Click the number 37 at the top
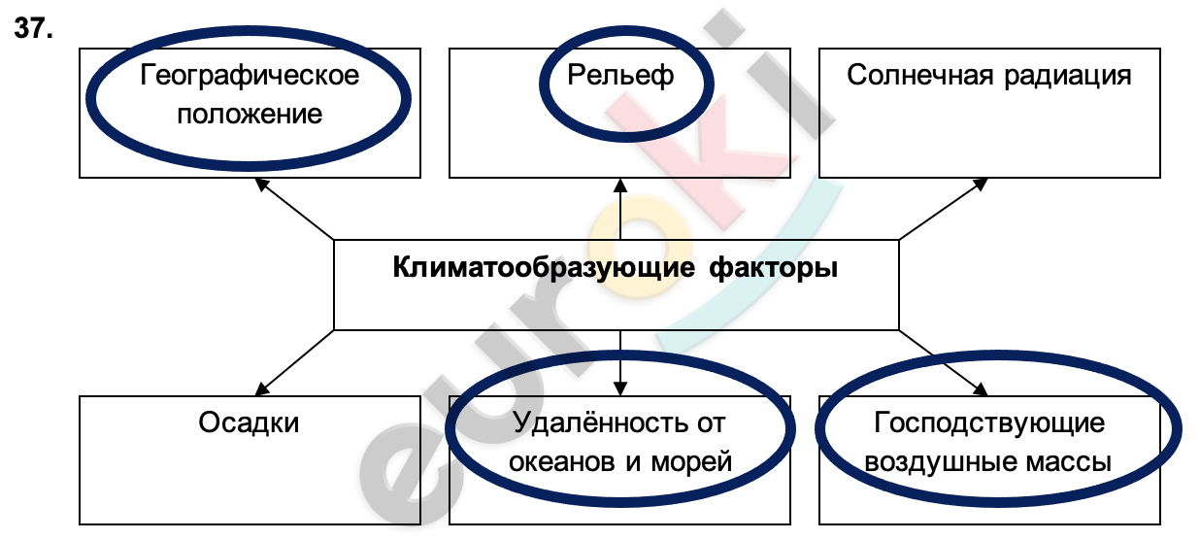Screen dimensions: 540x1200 click(x=30, y=29)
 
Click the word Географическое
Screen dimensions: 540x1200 click(x=250, y=75)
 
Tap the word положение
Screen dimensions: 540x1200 click(x=250, y=114)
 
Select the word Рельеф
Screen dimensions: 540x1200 click(x=620, y=75)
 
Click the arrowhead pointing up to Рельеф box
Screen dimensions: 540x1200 click(x=620, y=186)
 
